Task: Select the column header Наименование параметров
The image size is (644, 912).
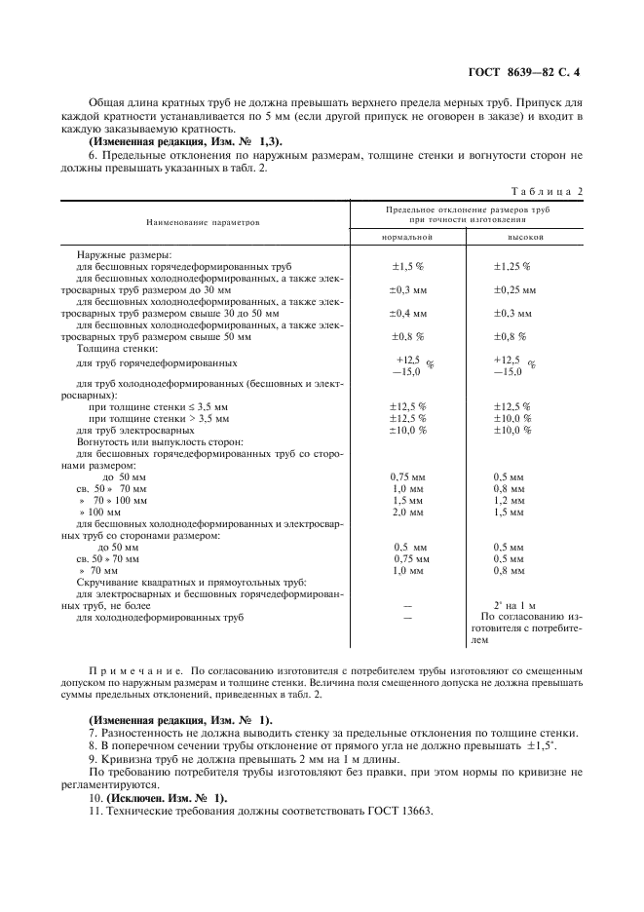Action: (204, 222)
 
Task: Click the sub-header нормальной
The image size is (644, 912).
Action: (408, 238)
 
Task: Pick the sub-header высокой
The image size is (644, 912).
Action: (524, 238)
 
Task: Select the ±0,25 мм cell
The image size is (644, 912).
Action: (514, 289)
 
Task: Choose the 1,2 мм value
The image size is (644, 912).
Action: (508, 500)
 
